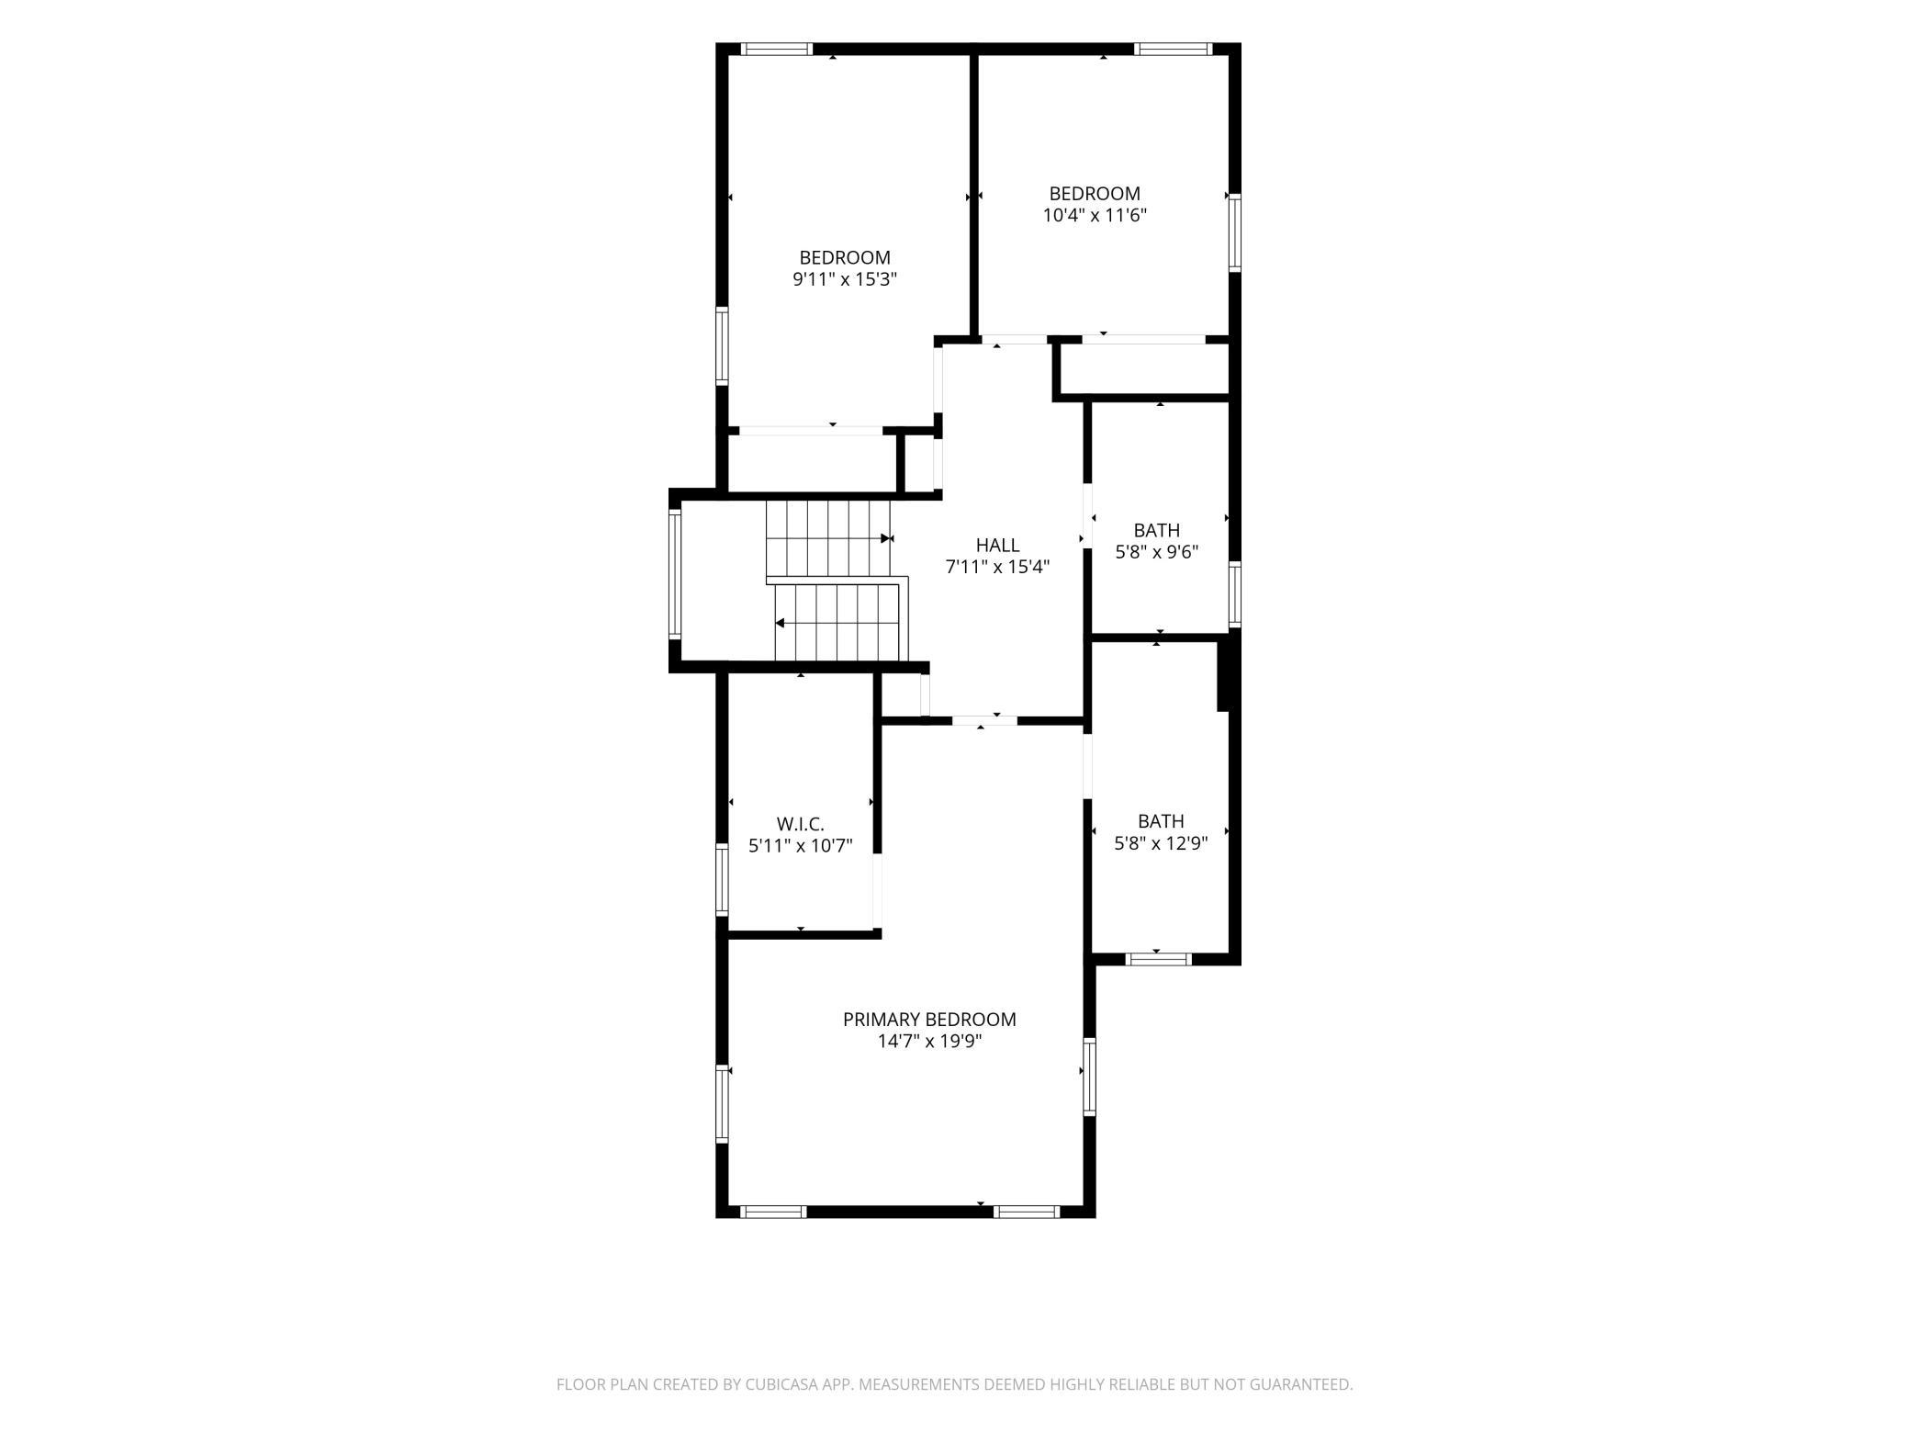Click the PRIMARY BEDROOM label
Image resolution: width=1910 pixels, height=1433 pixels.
point(929,1020)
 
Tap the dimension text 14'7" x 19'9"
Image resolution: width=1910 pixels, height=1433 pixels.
point(929,1042)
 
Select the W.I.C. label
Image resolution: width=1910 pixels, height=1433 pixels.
point(801,824)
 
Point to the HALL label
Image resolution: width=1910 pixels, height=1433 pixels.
point(997,546)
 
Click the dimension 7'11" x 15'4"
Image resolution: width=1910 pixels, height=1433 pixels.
point(997,568)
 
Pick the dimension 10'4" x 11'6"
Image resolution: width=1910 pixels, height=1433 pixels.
point(1095,216)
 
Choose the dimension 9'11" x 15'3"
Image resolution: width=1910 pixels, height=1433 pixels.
point(845,279)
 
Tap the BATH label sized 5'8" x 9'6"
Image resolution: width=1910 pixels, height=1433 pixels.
point(1157,530)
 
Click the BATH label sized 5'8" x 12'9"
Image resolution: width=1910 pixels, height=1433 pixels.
point(1161,821)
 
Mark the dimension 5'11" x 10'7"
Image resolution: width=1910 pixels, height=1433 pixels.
point(801,846)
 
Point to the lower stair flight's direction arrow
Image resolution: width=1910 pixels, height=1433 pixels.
point(781,623)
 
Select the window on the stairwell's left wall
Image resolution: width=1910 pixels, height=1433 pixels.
point(675,575)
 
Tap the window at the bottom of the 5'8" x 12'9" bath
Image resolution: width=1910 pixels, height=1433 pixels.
point(1159,959)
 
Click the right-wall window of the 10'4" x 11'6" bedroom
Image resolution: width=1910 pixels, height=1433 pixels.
point(1235,233)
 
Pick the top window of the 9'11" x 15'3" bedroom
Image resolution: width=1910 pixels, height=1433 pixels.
point(777,49)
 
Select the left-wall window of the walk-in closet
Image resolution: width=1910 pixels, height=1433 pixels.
point(722,878)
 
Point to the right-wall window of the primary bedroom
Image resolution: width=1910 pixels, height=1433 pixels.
point(1090,1077)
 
